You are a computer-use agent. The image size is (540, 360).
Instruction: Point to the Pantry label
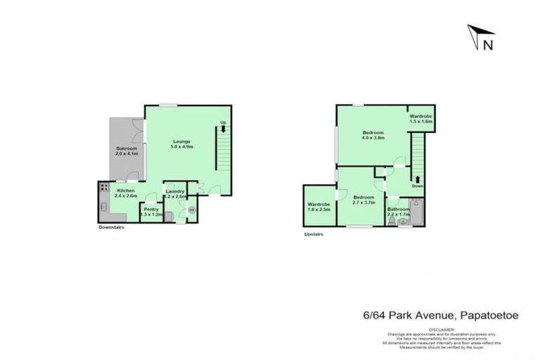coord(151,209)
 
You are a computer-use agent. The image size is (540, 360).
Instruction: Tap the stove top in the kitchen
coord(103,188)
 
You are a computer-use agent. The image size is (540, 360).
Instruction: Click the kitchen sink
coord(103,208)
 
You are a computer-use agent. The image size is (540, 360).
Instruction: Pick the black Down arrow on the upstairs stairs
coord(418,181)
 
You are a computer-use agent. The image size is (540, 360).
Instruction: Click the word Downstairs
coord(111,227)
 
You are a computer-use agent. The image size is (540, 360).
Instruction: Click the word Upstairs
coord(313,234)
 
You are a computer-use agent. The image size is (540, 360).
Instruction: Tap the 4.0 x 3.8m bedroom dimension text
coord(373,138)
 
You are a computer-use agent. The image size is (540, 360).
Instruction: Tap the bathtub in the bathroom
coord(416,212)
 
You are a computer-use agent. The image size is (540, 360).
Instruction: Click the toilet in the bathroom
coord(392,221)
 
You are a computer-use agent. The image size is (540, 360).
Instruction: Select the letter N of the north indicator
coord(487,44)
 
